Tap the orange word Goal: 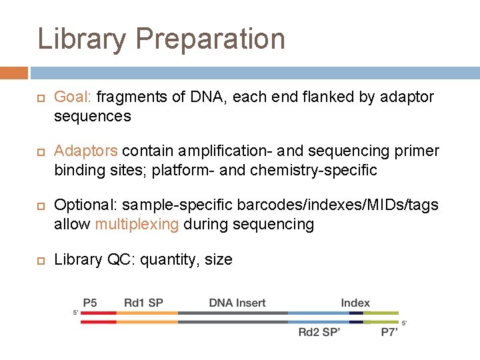coord(73,97)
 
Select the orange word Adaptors coord(86,151)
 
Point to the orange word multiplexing coord(137,225)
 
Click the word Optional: coord(84,205)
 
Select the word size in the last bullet coord(218,260)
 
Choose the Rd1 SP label coord(143,303)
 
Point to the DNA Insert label coord(237,303)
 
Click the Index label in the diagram coord(355,303)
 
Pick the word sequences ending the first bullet coord(93,117)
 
